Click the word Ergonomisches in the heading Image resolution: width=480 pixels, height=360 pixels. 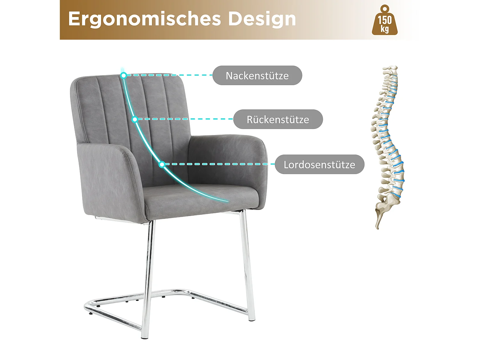[144, 19]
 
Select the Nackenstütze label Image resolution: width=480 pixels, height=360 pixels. [257, 76]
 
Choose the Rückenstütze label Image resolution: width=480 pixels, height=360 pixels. [278, 119]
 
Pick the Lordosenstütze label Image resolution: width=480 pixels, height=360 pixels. [319, 164]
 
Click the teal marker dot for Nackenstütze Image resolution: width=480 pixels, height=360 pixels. [124, 75]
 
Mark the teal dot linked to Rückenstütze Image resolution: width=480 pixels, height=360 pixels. [135, 119]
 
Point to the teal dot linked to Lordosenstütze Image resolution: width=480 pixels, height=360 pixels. [162, 164]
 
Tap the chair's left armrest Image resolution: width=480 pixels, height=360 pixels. [109, 179]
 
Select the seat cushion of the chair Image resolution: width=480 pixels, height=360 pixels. [198, 197]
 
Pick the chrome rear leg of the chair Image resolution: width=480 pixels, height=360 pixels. [248, 262]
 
